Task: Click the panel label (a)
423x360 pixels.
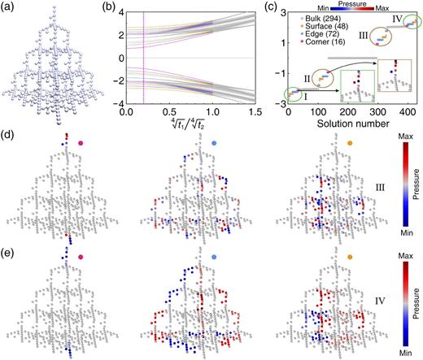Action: pyautogui.click(x=8, y=7)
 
